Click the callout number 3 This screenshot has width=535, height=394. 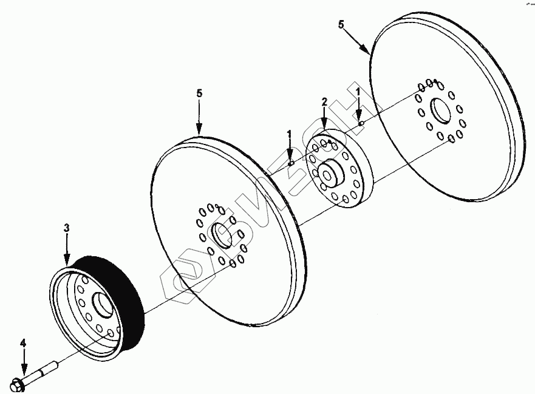coord(67,228)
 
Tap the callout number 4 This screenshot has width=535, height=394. coord(23,344)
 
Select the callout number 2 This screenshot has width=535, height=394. coord(324,101)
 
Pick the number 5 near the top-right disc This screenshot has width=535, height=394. coord(341,25)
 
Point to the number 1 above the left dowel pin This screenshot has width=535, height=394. coord(290,132)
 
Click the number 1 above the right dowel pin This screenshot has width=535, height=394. coord(358,92)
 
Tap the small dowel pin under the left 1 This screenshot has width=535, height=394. coord(291,163)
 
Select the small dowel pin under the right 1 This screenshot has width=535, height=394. coord(360,123)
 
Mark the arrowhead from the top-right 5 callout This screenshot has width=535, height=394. coord(369,53)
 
